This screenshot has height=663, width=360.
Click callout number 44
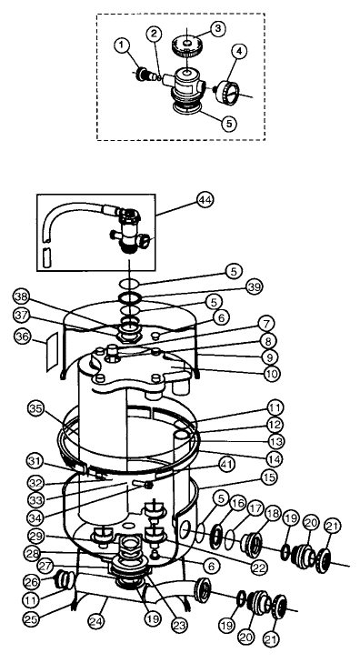pos(205,199)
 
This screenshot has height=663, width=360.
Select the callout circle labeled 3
pos(217,29)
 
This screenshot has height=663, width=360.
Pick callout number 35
pos(37,409)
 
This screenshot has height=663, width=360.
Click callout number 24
pos(97,621)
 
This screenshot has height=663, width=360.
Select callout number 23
pos(180,625)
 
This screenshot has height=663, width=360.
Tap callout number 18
pos(274,515)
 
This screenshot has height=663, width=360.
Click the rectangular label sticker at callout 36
pos(53,352)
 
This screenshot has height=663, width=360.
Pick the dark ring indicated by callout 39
pos(129,297)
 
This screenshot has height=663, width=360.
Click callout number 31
pos(36,461)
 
